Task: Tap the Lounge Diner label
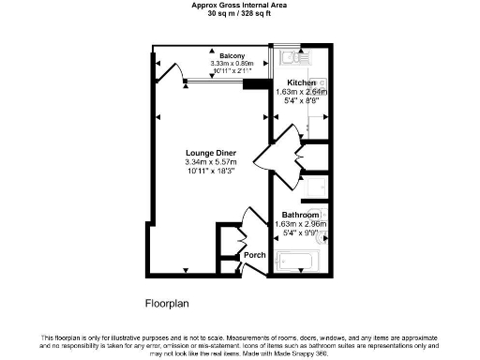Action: pos(210,154)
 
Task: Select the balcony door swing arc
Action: pos(172,72)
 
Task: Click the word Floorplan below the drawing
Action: pos(168,303)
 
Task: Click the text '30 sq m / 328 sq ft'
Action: pos(240,14)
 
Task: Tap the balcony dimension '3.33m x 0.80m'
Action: pos(220,64)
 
